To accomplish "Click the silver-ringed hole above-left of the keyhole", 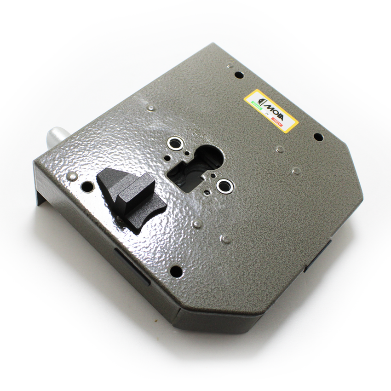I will (x=174, y=143).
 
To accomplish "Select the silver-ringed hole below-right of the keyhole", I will (x=224, y=186).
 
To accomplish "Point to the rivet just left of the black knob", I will (x=72, y=176).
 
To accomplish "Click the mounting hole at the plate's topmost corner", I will (x=238, y=74).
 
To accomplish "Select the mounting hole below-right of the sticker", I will (x=318, y=137).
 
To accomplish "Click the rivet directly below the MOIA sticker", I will (x=279, y=149).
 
